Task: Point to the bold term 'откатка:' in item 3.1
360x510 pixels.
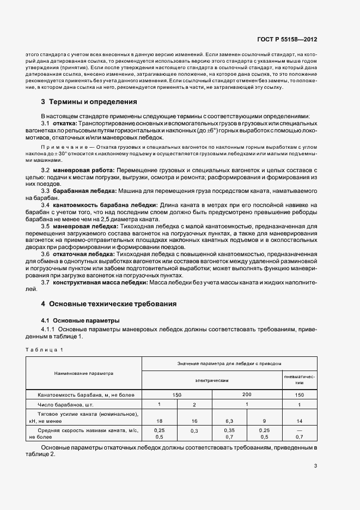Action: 64,124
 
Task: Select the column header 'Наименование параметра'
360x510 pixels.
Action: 83,374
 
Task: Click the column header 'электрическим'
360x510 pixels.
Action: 211,380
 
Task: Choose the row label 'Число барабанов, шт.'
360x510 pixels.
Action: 62,405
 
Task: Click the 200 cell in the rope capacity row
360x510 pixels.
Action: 246,394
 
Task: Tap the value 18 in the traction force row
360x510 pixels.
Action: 159,421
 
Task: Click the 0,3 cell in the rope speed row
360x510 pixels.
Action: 194,431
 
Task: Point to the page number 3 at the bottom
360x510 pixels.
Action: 315,465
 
